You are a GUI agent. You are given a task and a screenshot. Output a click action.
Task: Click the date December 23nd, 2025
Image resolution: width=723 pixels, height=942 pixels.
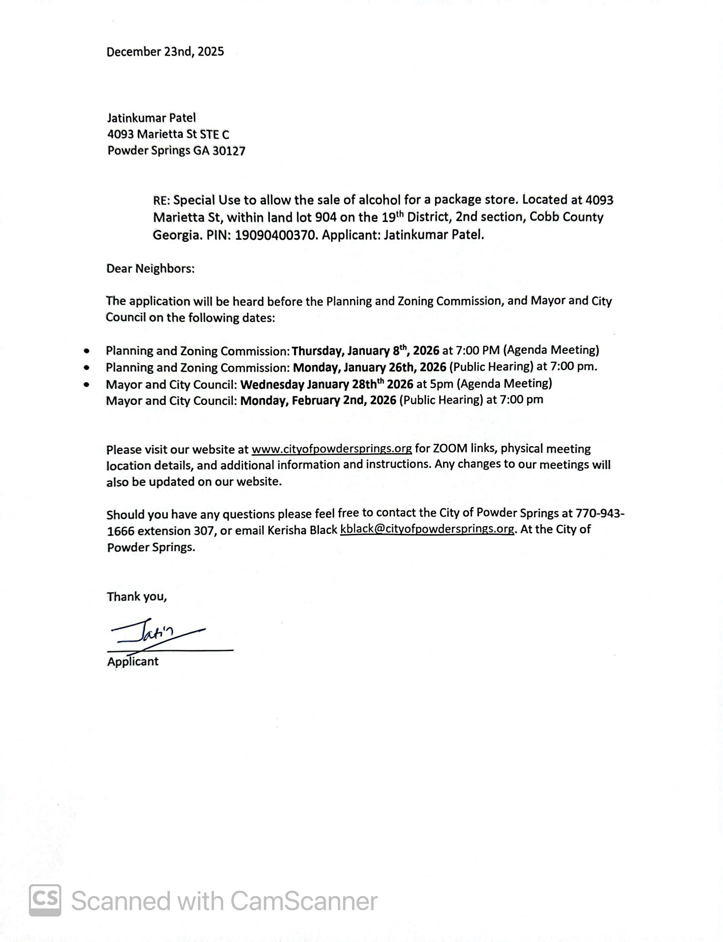click(165, 52)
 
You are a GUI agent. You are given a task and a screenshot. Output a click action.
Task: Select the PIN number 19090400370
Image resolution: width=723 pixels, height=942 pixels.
click(274, 235)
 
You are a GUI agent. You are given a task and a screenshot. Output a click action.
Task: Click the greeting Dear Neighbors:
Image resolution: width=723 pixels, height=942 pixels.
click(150, 269)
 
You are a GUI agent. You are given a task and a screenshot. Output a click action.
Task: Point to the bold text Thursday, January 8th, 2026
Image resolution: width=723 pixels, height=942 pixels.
click(365, 351)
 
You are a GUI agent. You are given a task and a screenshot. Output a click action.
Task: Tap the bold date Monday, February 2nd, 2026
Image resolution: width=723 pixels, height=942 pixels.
click(318, 400)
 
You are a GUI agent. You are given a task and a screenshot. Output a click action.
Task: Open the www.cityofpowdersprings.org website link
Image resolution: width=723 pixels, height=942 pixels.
click(332, 449)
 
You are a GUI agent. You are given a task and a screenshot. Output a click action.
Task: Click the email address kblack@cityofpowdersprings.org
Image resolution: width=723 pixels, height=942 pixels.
click(427, 529)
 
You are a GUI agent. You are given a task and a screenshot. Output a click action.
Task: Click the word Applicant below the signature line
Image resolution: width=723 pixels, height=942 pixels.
click(133, 662)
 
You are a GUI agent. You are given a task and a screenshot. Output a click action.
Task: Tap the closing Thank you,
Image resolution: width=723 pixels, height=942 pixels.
click(137, 596)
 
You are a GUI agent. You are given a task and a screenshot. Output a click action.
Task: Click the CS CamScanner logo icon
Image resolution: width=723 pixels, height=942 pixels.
click(45, 900)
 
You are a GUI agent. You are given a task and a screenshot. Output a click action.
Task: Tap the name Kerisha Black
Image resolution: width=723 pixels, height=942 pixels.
click(302, 530)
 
